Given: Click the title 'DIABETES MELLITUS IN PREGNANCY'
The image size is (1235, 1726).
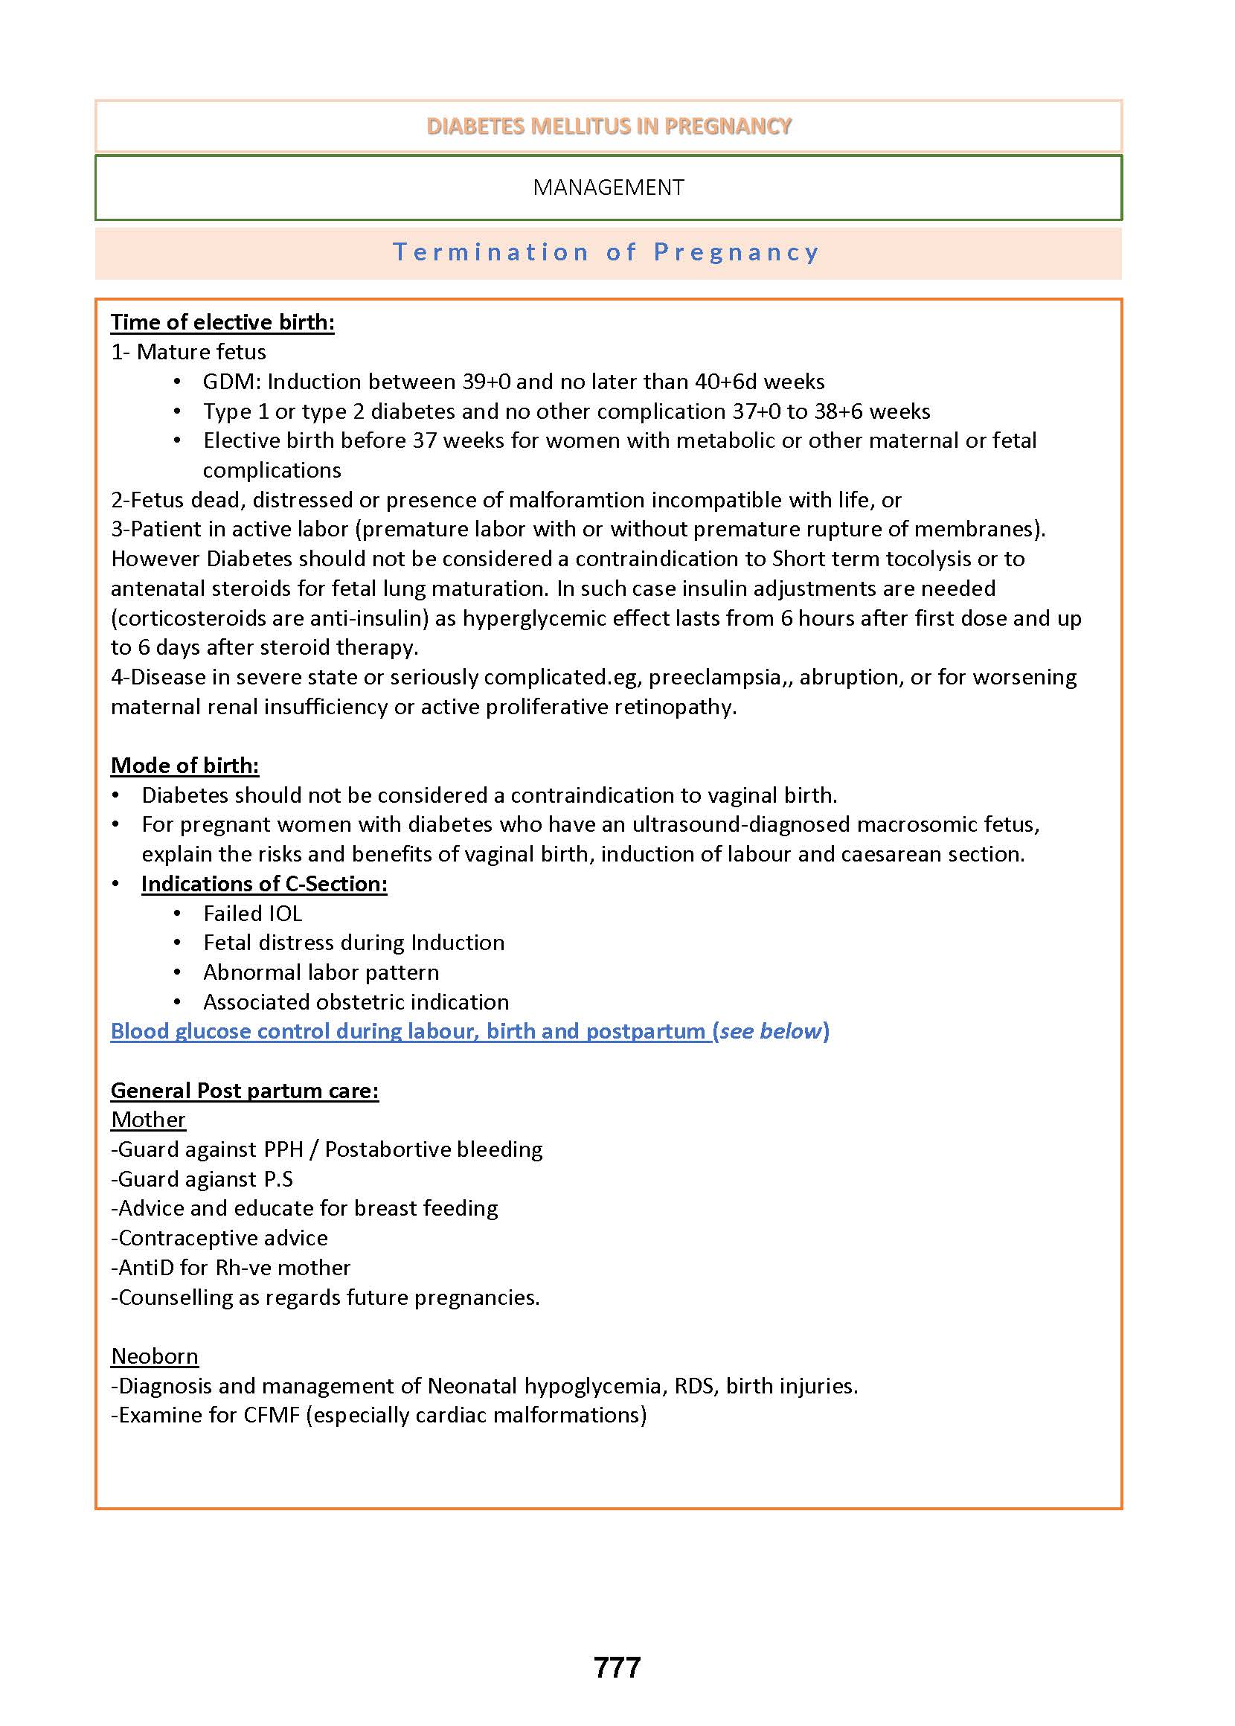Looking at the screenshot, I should click(x=609, y=126).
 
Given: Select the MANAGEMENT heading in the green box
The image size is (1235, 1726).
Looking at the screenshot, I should click(x=609, y=187).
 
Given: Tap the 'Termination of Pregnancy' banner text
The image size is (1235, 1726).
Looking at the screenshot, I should click(x=606, y=252).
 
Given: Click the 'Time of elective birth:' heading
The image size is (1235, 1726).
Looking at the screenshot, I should click(x=222, y=322).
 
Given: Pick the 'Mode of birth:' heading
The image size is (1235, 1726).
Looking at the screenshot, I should click(x=185, y=766).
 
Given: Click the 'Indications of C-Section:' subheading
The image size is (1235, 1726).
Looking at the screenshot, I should click(x=264, y=884).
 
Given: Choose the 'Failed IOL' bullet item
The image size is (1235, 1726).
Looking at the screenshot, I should click(x=252, y=913).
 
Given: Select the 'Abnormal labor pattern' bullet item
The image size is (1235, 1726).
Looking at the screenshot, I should click(x=321, y=972).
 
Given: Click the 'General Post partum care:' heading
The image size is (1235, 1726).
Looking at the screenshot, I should click(x=244, y=1091).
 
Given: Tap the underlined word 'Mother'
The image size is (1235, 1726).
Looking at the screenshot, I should click(x=148, y=1120).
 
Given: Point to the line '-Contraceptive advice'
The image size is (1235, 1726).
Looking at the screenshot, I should click(x=219, y=1238).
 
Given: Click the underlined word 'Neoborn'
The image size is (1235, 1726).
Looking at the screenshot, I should click(x=155, y=1356).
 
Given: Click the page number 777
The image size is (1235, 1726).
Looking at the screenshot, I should click(x=617, y=1667).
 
